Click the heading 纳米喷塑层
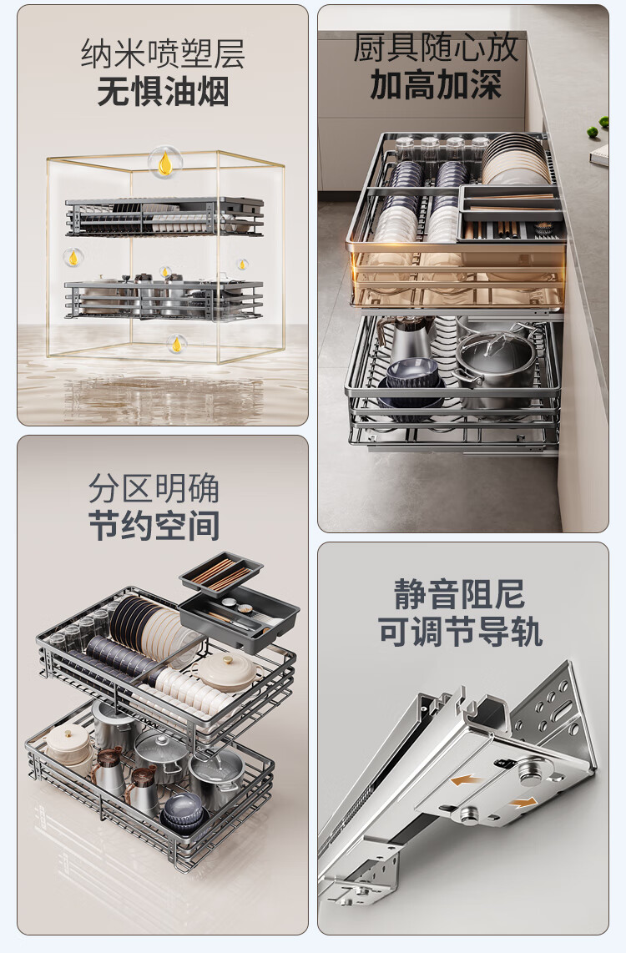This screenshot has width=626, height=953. tap(162, 53)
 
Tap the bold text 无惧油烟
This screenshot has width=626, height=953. tap(163, 92)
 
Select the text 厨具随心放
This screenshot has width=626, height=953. tap(436, 48)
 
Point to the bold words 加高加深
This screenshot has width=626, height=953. tap(436, 84)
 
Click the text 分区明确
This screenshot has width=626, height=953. tap(154, 487)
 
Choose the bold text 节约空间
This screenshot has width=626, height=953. tap(154, 526)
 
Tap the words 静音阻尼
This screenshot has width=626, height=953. tap(459, 594)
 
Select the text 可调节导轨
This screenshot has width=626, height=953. tap(460, 632)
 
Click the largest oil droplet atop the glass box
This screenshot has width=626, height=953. tap(164, 162)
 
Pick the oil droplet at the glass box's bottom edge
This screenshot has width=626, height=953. tap(176, 344)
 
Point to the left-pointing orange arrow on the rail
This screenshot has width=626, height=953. tap(467, 779)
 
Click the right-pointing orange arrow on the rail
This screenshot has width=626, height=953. tap(523, 803)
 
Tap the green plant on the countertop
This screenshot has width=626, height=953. tap(598, 126)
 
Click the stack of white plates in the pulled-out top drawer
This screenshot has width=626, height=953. tap(516, 158)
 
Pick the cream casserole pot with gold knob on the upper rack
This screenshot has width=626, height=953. tap(227, 673)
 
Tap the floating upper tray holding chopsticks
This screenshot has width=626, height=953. tap(221, 574)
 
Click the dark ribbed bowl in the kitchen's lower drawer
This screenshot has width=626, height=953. tap(412, 372)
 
